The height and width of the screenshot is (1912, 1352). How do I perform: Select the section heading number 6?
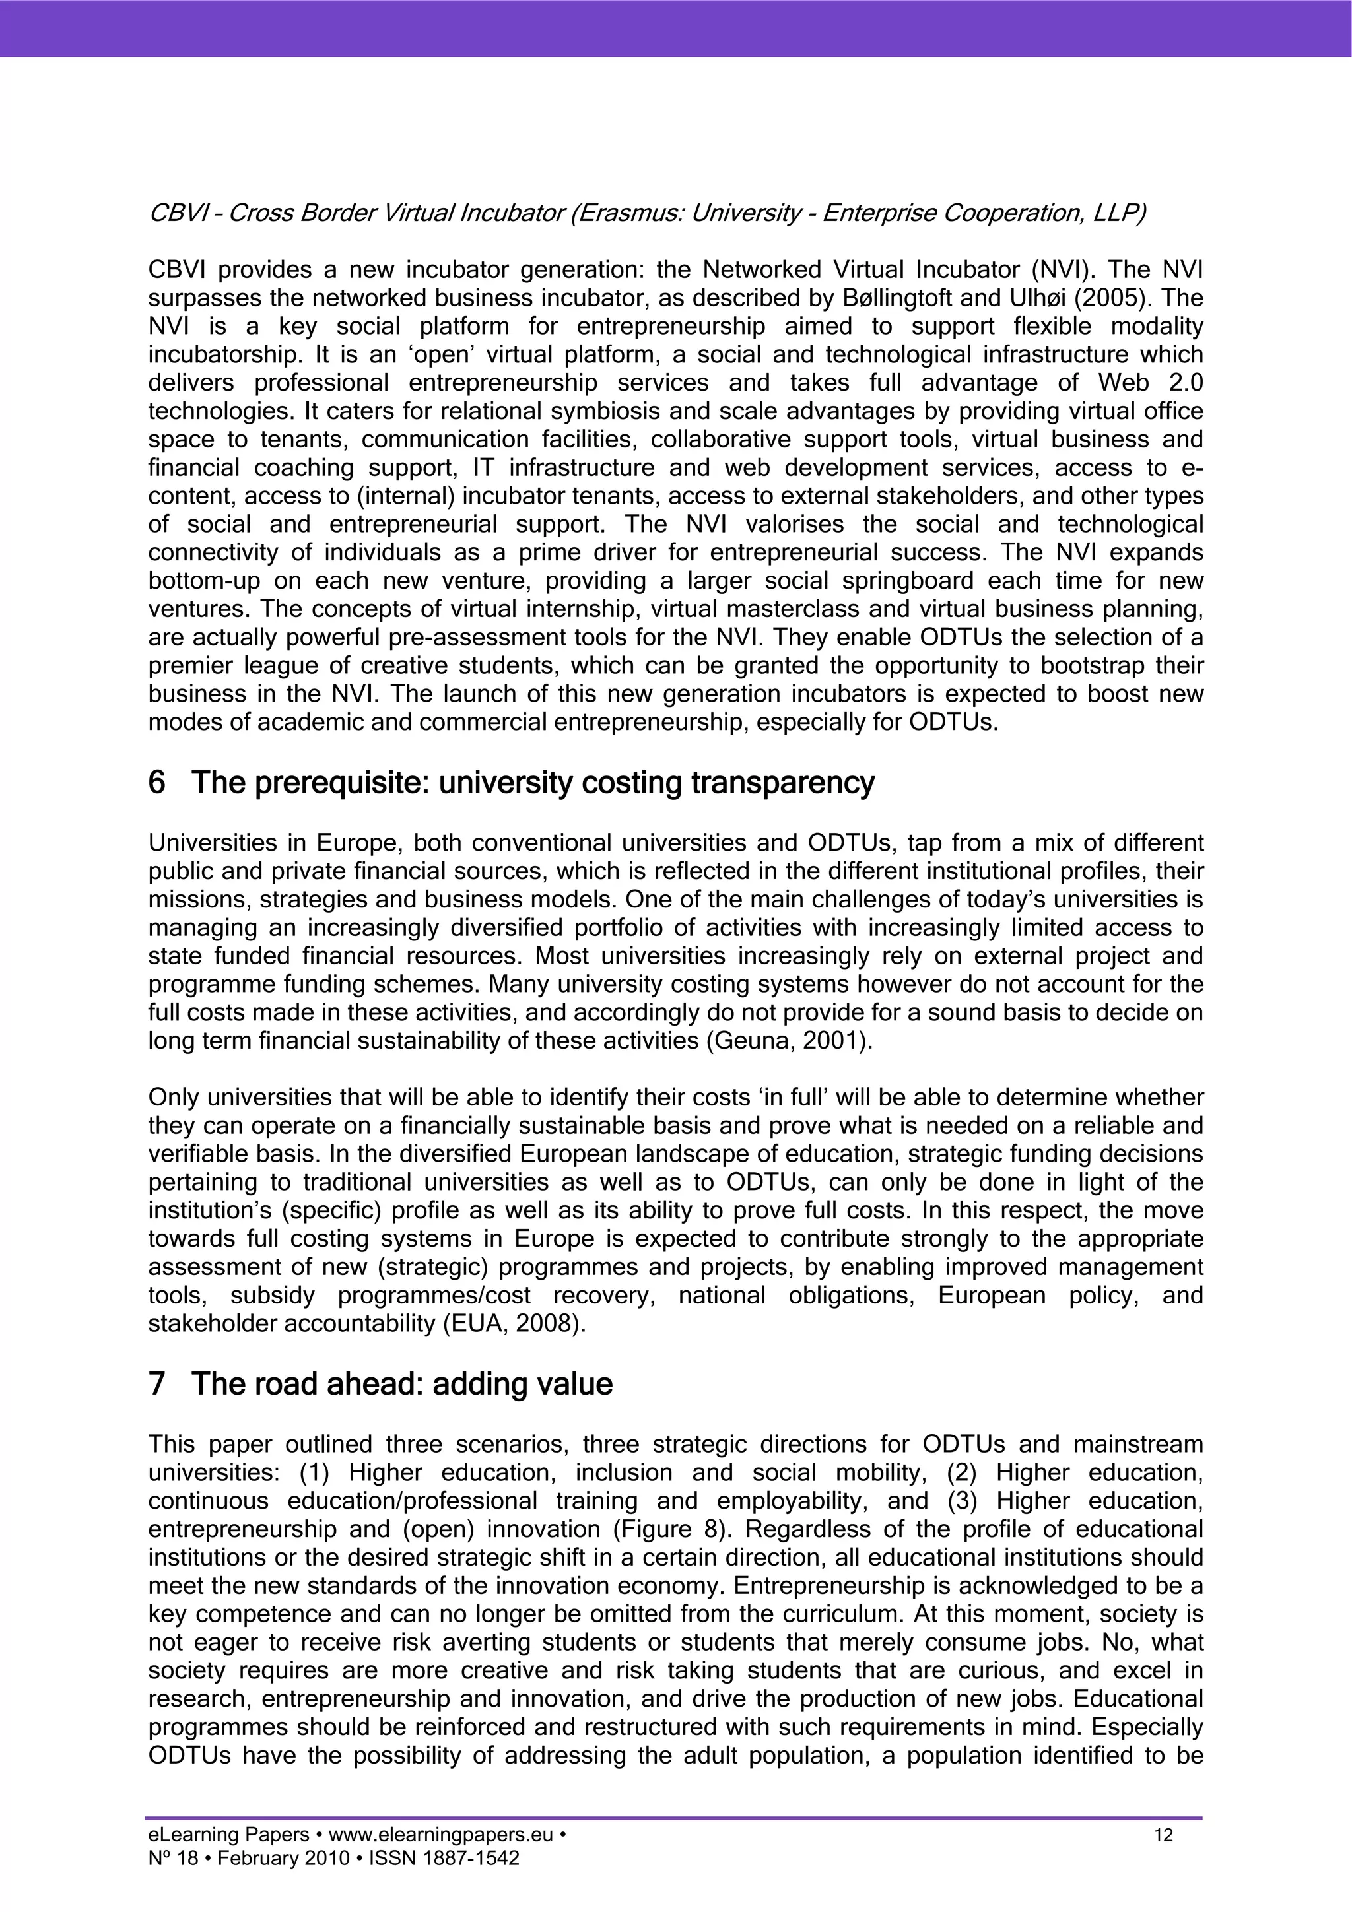click(x=156, y=783)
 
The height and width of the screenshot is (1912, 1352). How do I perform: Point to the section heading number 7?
click(x=156, y=1384)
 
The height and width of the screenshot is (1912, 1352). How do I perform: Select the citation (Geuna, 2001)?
click(x=789, y=1041)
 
